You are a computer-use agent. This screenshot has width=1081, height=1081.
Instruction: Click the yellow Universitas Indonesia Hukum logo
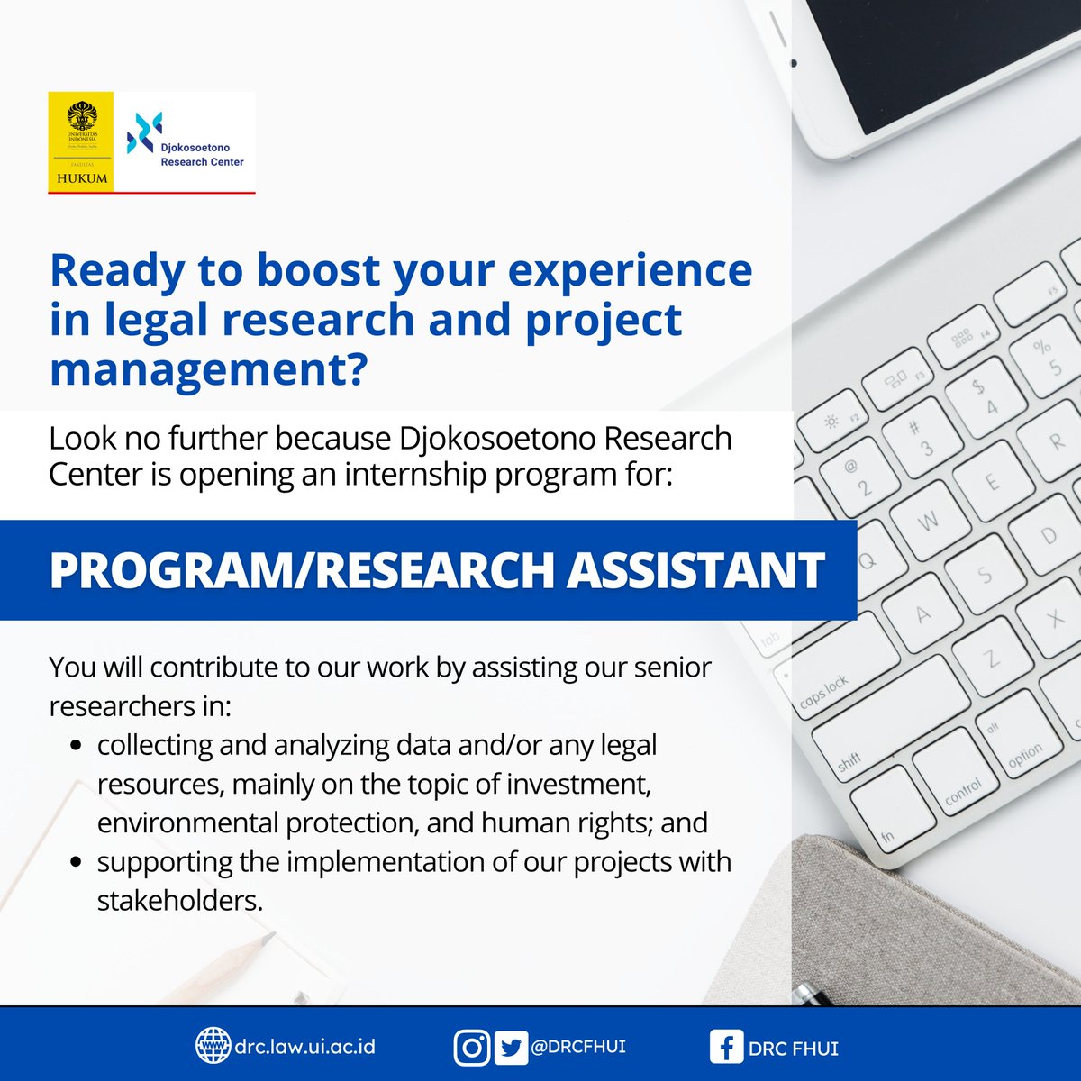[x=81, y=141]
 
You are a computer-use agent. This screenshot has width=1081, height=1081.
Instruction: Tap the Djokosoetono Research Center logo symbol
[x=144, y=132]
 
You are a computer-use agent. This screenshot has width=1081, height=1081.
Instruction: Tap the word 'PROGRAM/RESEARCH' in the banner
[x=302, y=570]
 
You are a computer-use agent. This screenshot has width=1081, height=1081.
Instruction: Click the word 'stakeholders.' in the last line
[x=180, y=900]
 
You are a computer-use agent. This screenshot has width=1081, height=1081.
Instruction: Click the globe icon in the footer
[x=213, y=1046]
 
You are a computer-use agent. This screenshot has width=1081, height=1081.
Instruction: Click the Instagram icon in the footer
[x=471, y=1048]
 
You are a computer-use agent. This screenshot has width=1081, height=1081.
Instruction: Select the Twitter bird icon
[x=512, y=1048]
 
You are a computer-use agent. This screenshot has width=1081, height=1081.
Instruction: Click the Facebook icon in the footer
[x=726, y=1047]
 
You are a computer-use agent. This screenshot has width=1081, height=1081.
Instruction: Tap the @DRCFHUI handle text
[x=577, y=1047]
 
